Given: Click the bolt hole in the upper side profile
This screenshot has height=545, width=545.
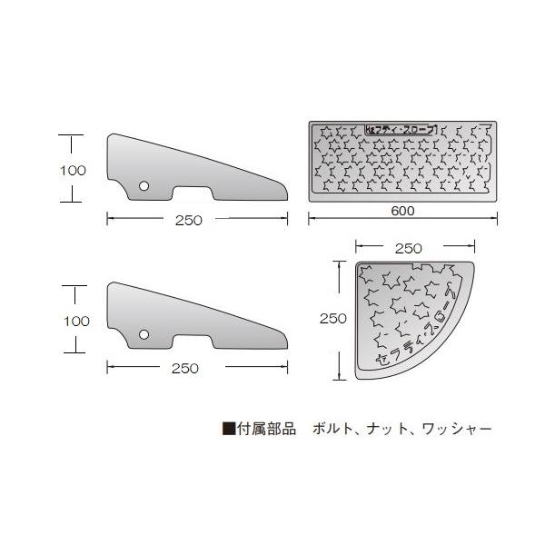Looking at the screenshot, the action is click(144, 185).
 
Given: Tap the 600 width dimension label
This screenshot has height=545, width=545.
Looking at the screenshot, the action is click(403, 211).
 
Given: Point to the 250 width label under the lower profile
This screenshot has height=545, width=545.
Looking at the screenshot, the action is click(184, 368).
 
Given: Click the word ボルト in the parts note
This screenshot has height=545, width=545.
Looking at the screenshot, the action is click(330, 427).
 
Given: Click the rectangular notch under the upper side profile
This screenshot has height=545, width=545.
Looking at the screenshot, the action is click(193, 194).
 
